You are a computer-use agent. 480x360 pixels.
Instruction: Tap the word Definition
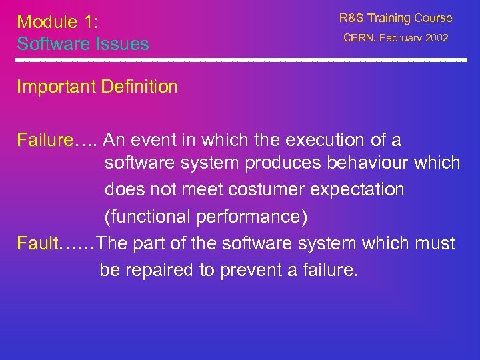[x=139, y=87]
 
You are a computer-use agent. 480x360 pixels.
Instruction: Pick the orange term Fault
[x=37, y=243]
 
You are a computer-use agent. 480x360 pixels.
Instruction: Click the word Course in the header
[x=430, y=18]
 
